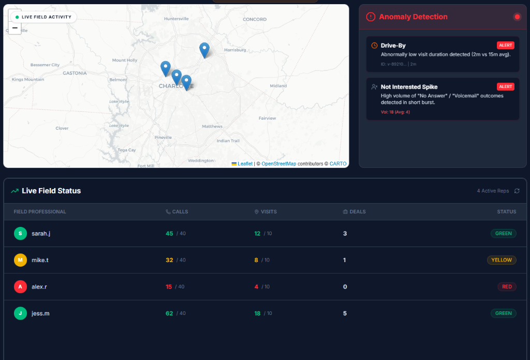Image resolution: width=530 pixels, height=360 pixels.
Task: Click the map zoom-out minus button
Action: [x=15, y=28]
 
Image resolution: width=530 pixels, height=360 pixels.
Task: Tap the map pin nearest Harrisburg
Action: [x=204, y=50]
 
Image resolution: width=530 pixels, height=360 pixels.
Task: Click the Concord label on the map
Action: [x=254, y=19]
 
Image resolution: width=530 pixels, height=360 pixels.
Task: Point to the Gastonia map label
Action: [x=75, y=73]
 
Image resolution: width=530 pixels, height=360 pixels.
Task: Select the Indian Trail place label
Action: [x=228, y=141]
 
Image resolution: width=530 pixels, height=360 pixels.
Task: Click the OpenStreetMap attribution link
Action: [x=278, y=164]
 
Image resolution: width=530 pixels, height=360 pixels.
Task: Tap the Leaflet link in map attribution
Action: [x=245, y=164]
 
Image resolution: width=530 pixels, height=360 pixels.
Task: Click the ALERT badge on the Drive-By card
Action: [x=506, y=45]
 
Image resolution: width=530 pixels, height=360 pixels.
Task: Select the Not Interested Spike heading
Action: [x=409, y=87]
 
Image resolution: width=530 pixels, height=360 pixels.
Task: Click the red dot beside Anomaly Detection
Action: [x=517, y=17]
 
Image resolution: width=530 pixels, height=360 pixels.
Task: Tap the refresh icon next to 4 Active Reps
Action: [x=517, y=191]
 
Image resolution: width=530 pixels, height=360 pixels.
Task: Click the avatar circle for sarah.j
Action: [x=20, y=234]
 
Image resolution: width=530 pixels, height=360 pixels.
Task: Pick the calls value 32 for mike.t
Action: [x=169, y=260]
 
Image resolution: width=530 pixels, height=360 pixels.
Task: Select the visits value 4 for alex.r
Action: [x=256, y=286]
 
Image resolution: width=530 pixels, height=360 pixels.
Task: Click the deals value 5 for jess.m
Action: [x=345, y=313]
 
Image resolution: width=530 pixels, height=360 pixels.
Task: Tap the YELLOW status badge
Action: [x=501, y=260]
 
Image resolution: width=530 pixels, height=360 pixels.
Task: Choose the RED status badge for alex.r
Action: [x=507, y=286]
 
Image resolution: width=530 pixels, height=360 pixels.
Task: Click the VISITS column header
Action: [x=268, y=211]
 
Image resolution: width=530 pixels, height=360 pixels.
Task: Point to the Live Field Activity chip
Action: [x=43, y=17]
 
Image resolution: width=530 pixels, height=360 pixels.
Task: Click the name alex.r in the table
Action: [x=39, y=286]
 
